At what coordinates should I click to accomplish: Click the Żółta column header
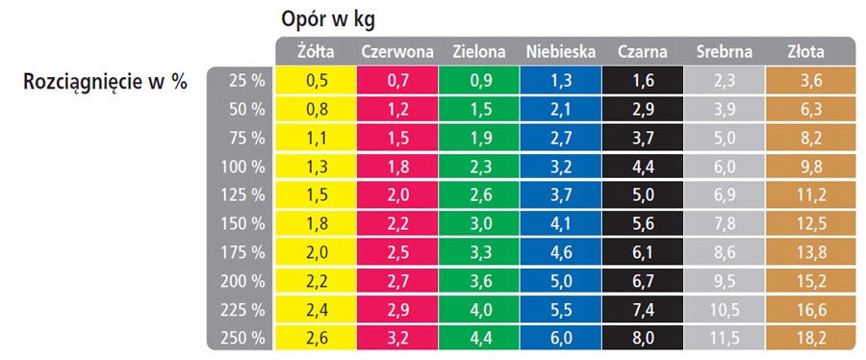point(316,51)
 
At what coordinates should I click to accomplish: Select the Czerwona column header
point(397,51)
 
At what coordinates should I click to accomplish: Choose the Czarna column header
point(644,51)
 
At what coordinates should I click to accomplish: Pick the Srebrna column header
point(725,51)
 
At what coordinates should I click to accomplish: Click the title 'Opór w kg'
point(328,19)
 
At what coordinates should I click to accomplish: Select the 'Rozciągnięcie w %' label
point(104,82)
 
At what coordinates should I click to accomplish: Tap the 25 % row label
point(244,82)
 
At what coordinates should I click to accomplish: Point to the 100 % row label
point(242,167)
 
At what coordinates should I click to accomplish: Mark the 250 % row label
point(242,338)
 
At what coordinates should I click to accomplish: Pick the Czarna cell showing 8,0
point(644,338)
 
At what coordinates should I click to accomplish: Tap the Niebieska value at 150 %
point(562,224)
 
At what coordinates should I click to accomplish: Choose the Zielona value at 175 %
point(480,253)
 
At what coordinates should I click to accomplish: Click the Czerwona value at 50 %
point(397,110)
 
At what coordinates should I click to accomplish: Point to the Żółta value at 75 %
point(316,139)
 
